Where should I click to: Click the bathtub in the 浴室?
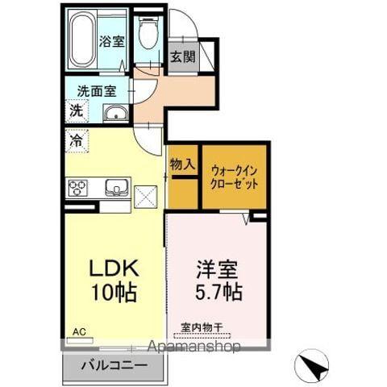pyautogui.click(x=83, y=41)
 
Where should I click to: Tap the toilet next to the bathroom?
pyautogui.click(x=147, y=36)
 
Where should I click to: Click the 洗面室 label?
pyautogui.click(x=93, y=91)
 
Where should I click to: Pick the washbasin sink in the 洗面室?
pyautogui.click(x=114, y=113)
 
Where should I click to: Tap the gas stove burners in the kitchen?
pyautogui.click(x=79, y=189)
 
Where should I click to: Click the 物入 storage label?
pyautogui.click(x=182, y=164)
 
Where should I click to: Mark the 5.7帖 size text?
pyautogui.click(x=218, y=291)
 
